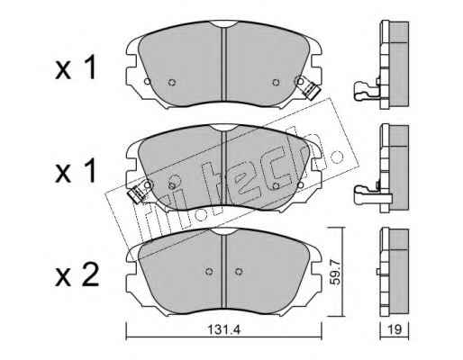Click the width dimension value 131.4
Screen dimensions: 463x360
point(224,330)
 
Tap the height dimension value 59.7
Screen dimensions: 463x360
point(335,273)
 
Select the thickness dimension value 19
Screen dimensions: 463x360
point(395,330)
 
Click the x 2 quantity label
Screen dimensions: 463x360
point(77,276)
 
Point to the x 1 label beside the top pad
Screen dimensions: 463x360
point(76,67)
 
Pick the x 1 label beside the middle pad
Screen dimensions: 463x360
point(76,171)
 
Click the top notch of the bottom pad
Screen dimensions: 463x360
point(223,231)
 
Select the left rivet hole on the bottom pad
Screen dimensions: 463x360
point(209,272)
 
